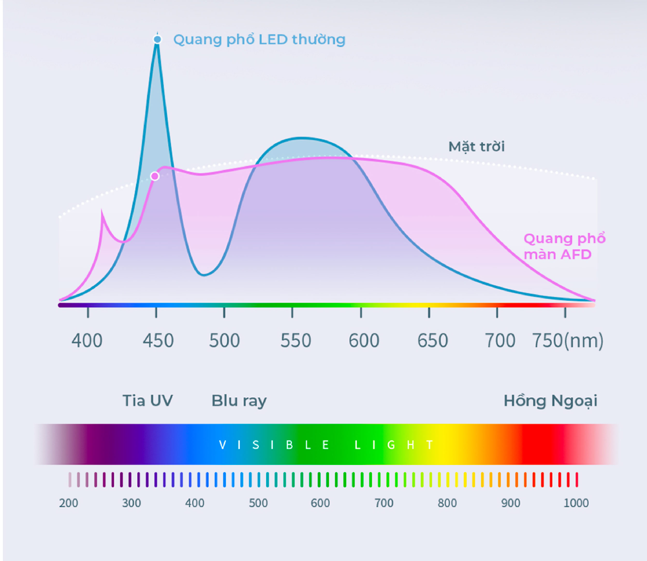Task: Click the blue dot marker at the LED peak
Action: [157, 39]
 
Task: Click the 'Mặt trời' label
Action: [476, 147]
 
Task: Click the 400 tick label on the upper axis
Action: [87, 341]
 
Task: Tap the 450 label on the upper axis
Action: [158, 341]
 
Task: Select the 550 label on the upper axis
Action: [296, 341]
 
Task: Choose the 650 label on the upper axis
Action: [433, 341]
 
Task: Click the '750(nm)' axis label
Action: [568, 341]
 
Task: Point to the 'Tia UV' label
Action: [148, 400]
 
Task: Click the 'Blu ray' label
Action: [239, 401]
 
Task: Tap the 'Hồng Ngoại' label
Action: [550, 401]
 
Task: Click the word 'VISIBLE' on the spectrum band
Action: [274, 445]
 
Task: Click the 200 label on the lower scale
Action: [69, 503]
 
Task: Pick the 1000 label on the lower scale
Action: [576, 503]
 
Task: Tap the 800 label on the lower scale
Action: [447, 503]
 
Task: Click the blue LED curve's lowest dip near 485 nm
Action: [204, 275]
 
